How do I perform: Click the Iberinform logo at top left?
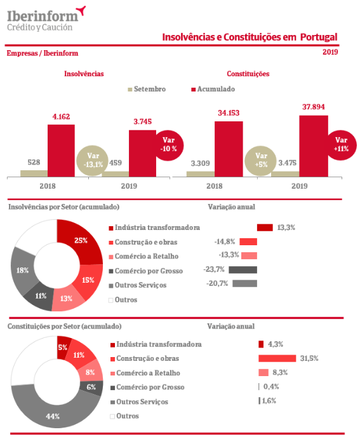pyautogui.click(x=46, y=19)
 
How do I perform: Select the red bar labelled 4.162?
pyautogui.click(x=61, y=151)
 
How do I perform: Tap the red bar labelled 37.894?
pyautogui.click(x=314, y=146)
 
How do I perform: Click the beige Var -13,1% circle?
pyautogui.click(x=93, y=161)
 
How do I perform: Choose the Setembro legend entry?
pyautogui.click(x=147, y=89)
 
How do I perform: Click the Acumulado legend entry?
pyautogui.click(x=213, y=89)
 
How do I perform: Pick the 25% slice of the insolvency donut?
pyautogui.click(x=81, y=241)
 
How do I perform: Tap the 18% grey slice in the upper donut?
pyautogui.click(x=23, y=270)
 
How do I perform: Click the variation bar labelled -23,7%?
pyautogui.click(x=243, y=269)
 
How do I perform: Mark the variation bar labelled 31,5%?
pyautogui.click(x=277, y=358)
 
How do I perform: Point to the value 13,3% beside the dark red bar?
pyautogui.click(x=286, y=227)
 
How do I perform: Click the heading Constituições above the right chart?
pyautogui.click(x=248, y=74)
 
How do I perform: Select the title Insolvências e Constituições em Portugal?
pyautogui.click(x=250, y=37)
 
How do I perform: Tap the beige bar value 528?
pyautogui.click(x=34, y=163)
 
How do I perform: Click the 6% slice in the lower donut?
pyautogui.click(x=91, y=388)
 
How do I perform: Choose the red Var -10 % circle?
pyautogui.click(x=170, y=145)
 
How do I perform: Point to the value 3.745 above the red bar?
pyautogui.click(x=142, y=122)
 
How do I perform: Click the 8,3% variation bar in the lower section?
pyautogui.click(x=263, y=372)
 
